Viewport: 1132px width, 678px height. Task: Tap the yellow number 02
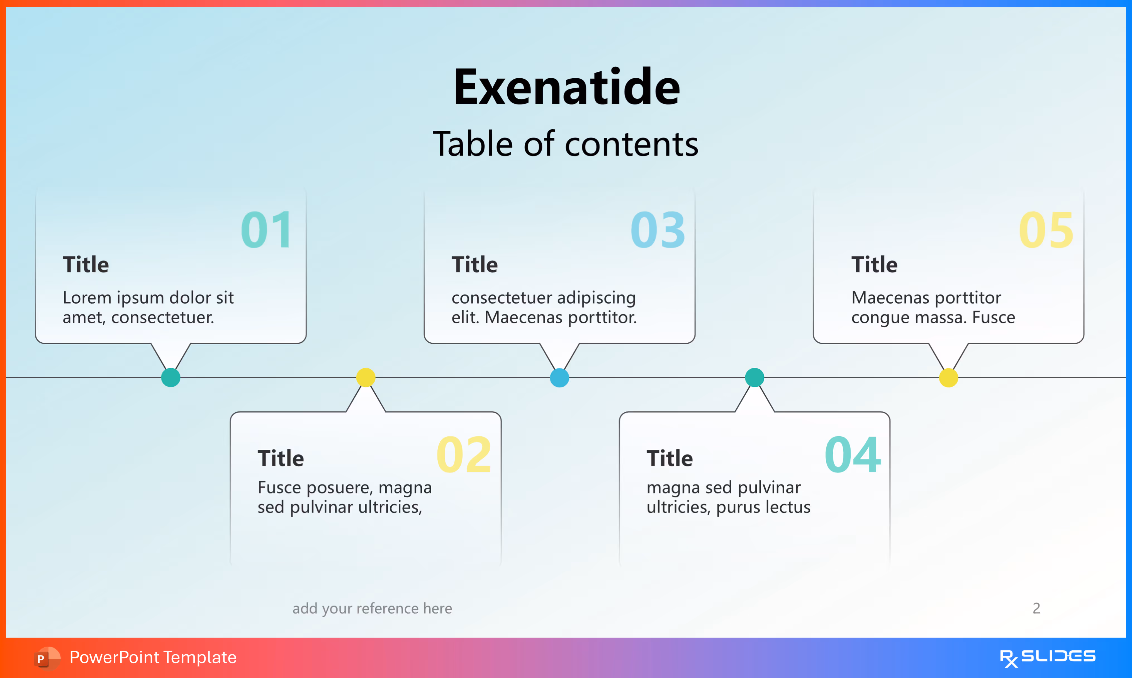tap(464, 455)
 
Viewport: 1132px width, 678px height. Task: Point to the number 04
tap(852, 455)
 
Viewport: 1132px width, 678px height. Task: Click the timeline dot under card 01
tap(171, 378)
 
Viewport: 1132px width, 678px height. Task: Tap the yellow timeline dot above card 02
tap(366, 377)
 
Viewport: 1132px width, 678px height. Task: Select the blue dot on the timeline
tap(560, 378)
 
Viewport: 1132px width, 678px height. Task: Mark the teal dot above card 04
tap(754, 377)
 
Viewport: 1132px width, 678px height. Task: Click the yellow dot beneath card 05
tap(948, 378)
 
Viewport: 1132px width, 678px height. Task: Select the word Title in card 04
tap(670, 458)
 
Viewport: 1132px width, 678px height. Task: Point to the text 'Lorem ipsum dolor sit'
tap(148, 298)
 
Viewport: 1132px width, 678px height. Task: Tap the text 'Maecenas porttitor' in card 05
tap(926, 298)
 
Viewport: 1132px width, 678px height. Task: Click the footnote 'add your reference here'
tap(372, 609)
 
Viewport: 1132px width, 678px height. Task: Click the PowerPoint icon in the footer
tap(47, 658)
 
